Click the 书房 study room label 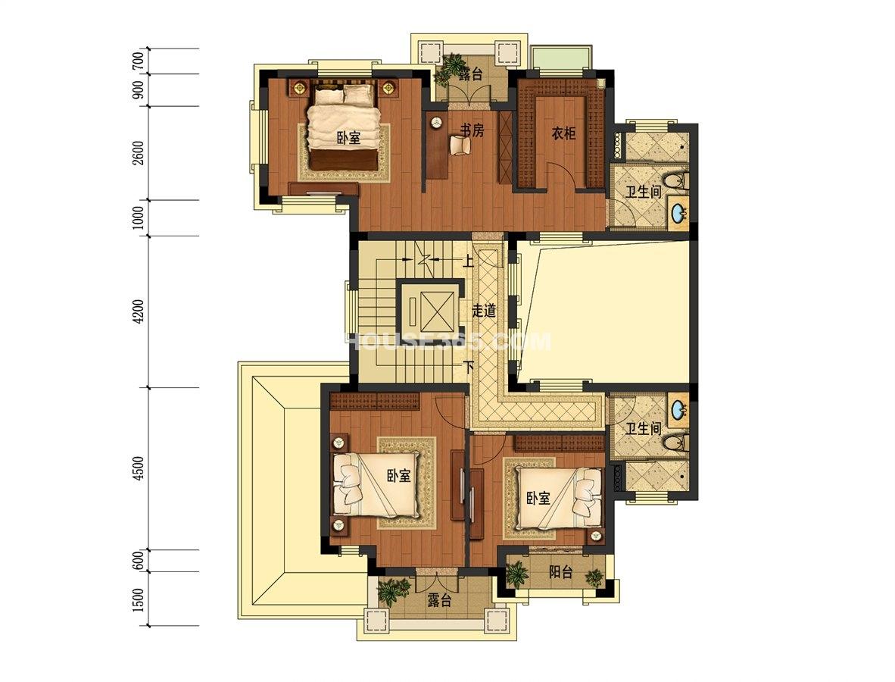pyautogui.click(x=472, y=131)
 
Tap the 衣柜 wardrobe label pyautogui.click(x=563, y=133)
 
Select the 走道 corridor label pyautogui.click(x=483, y=311)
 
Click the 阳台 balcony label pyautogui.click(x=560, y=572)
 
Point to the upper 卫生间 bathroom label pyautogui.click(x=644, y=192)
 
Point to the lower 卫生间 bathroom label pyautogui.click(x=644, y=428)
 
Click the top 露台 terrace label pyautogui.click(x=470, y=74)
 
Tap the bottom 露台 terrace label pyautogui.click(x=439, y=600)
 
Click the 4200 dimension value pyautogui.click(x=138, y=311)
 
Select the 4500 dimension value pyautogui.click(x=138, y=470)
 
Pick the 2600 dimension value pyautogui.click(x=138, y=153)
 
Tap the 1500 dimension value pyautogui.click(x=138, y=599)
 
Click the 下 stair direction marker pyautogui.click(x=468, y=367)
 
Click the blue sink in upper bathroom pyautogui.click(x=678, y=214)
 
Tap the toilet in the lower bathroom pyautogui.click(x=678, y=442)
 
